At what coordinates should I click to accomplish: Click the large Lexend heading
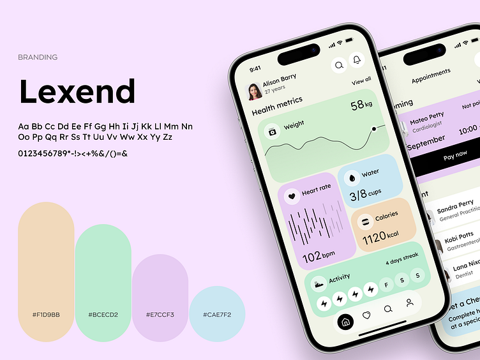tap(77, 91)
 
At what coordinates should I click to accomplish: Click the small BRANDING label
tap(38, 57)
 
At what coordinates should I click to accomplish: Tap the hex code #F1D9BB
tap(46, 315)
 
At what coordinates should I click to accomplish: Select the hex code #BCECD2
tap(103, 315)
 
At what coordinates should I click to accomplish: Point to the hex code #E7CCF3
tap(160, 315)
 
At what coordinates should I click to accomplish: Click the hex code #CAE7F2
tap(217, 315)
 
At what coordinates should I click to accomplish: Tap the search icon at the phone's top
tap(339, 64)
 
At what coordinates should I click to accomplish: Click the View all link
tap(361, 81)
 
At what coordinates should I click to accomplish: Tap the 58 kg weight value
tap(361, 105)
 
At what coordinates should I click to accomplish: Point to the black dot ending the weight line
tap(374, 128)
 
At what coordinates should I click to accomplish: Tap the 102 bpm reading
tap(318, 257)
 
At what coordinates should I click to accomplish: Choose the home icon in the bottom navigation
tap(345, 322)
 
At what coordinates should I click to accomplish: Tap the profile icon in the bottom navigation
tap(409, 303)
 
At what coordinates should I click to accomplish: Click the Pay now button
tap(454, 155)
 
